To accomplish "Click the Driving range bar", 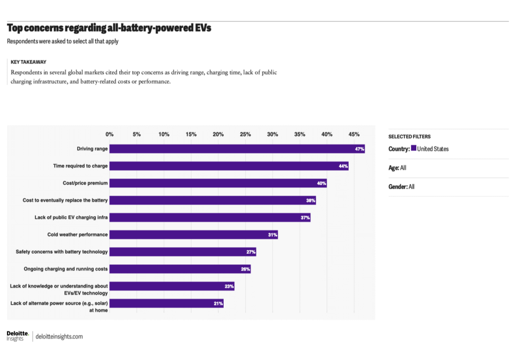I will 237,149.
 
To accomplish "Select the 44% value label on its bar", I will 343,166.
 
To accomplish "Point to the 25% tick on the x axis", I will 245,134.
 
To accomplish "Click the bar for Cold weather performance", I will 193,235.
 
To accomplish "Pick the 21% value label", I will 218,304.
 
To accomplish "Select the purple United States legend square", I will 414,149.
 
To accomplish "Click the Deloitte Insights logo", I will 18,336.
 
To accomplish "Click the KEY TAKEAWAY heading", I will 28,62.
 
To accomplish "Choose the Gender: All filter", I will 401,187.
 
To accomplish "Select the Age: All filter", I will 397,168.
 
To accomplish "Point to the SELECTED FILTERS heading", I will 409,136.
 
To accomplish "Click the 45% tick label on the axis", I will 354,134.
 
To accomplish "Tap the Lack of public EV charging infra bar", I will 210,218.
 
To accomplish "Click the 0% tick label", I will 109,134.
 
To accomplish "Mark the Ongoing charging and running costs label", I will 66,269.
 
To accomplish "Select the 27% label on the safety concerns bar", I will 250,252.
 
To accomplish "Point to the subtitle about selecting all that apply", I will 62,41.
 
